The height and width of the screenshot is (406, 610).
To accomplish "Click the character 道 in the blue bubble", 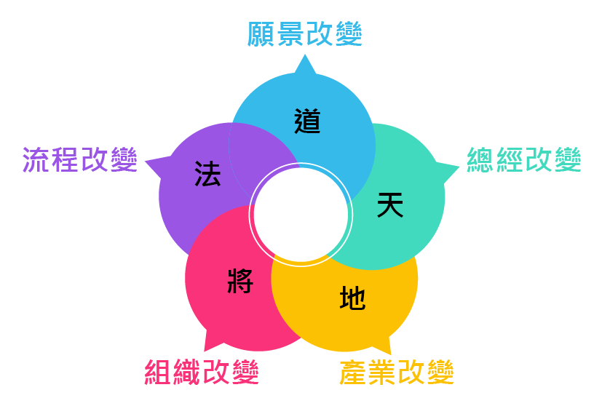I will (x=308, y=121).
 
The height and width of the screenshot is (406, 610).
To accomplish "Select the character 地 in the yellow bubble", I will (x=352, y=298).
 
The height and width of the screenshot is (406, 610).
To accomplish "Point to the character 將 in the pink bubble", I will (x=239, y=280).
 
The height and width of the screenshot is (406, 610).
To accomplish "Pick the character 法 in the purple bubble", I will (x=207, y=175).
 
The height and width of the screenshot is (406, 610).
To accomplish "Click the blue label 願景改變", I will (x=304, y=35).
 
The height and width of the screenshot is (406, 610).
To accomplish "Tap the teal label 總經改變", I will (x=523, y=160).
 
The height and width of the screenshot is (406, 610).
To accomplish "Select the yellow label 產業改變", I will (x=397, y=373).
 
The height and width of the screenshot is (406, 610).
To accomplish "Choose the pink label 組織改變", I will (x=202, y=373).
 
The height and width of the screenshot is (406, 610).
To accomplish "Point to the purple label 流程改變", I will (x=79, y=159).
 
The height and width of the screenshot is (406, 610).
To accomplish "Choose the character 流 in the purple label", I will (x=36, y=159).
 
